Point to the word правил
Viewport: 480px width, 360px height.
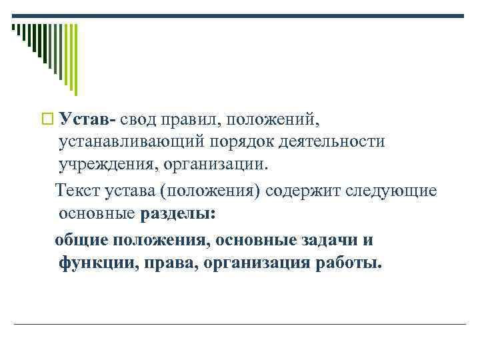pos(199,119)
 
